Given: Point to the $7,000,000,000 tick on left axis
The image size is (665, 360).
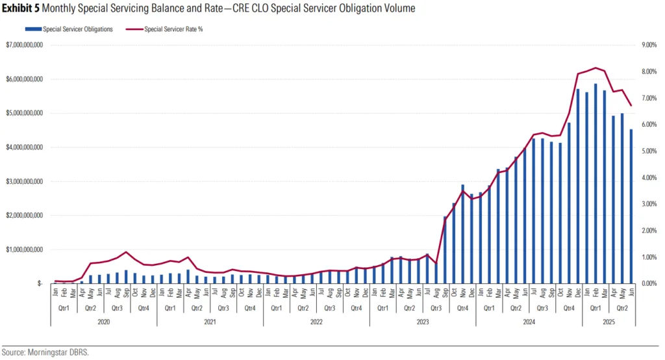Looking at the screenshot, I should click(25, 45).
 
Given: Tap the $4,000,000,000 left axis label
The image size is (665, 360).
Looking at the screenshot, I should click(25, 148).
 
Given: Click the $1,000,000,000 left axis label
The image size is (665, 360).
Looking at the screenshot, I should click(25, 250).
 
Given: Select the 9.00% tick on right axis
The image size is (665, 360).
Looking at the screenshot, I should click(649, 45).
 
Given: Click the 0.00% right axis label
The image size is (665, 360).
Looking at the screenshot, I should click(649, 284).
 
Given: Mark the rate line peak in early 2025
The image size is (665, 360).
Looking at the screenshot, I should click(596, 68).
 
